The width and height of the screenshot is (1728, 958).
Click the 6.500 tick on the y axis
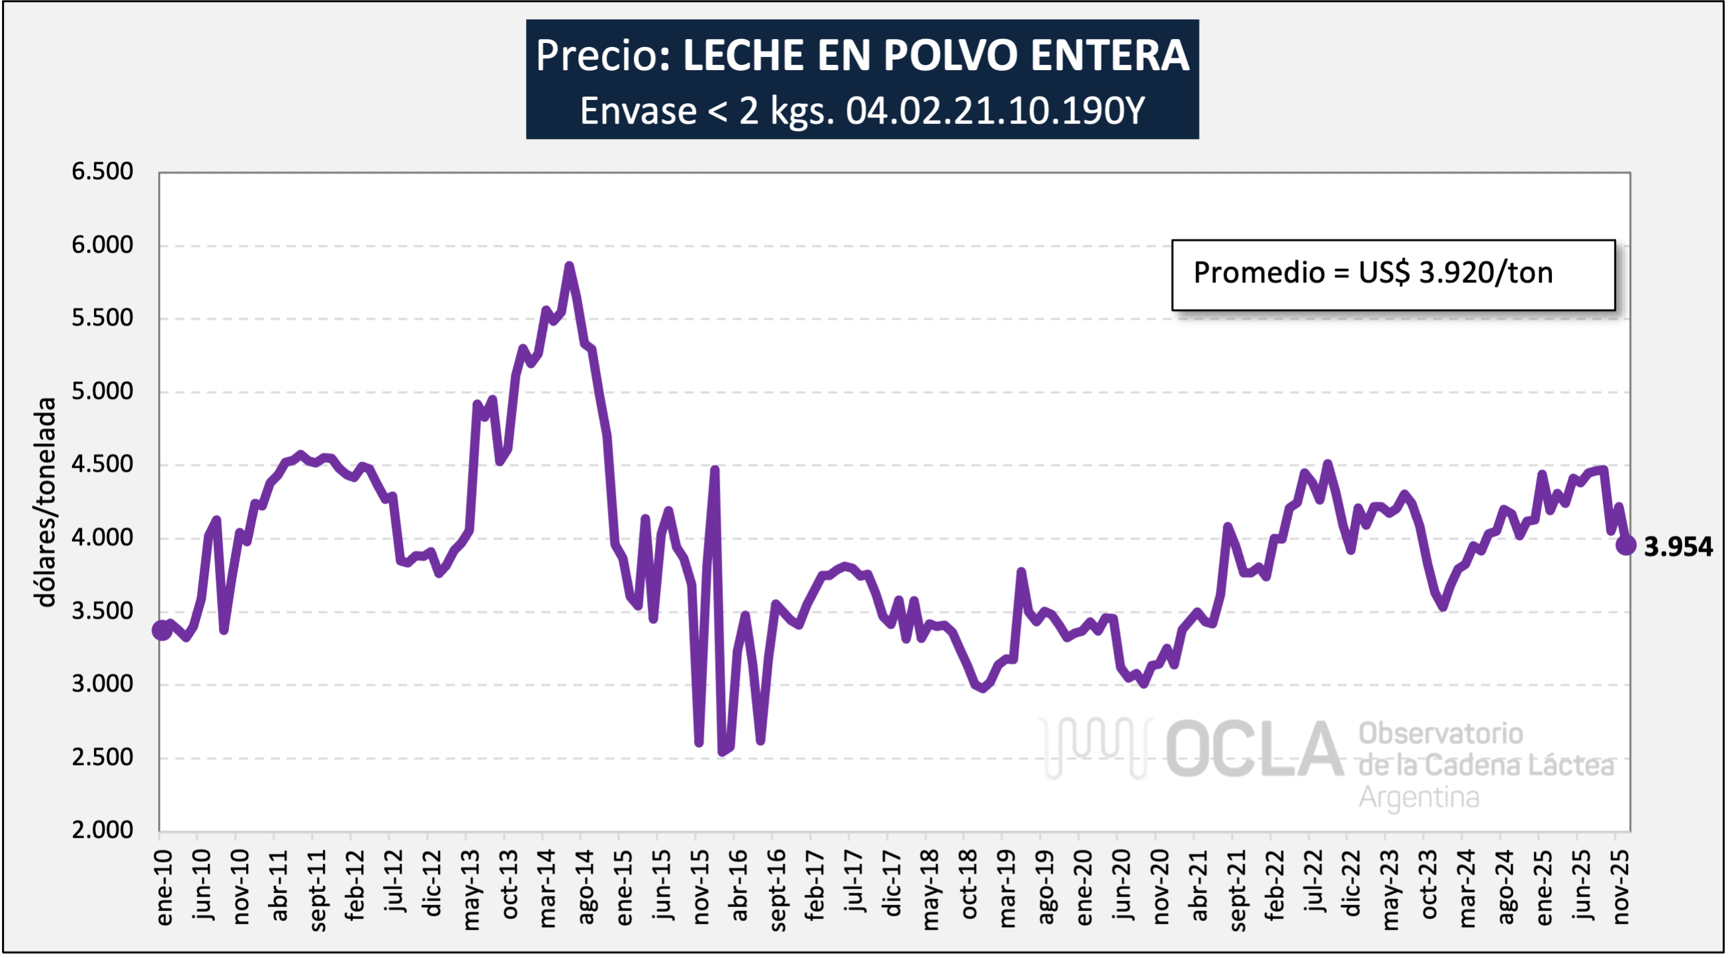point(102,172)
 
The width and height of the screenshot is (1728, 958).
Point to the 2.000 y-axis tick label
point(102,830)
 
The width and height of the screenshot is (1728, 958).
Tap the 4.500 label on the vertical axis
point(102,464)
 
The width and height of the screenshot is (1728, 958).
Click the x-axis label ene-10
point(163,887)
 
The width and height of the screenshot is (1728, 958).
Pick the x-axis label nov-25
point(1621,887)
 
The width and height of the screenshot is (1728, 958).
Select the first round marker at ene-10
point(161,630)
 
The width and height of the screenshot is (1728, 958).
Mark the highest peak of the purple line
point(569,267)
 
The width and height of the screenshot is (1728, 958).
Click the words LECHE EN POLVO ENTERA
point(935,55)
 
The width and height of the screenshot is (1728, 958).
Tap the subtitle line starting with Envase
point(861,110)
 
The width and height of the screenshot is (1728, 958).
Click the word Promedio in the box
point(1258,273)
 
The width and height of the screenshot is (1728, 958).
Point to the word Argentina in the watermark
point(1419,798)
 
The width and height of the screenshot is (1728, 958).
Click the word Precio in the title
point(595,55)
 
